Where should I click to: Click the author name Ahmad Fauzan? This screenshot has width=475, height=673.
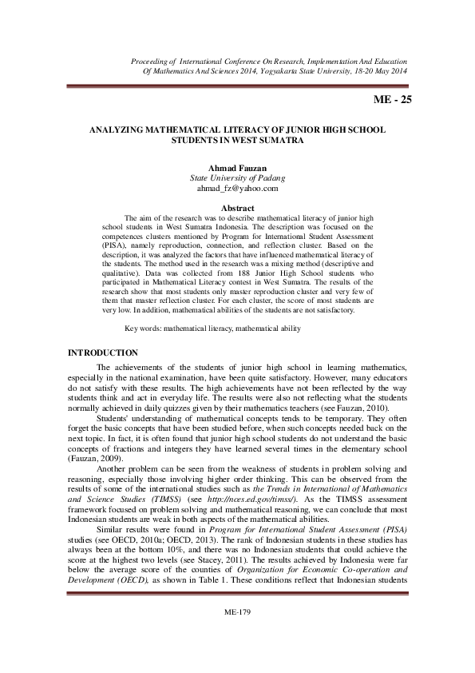(x=236, y=167)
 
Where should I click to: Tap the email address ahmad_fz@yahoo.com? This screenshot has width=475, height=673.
(x=236, y=189)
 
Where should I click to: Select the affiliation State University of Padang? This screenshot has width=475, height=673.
(x=236, y=177)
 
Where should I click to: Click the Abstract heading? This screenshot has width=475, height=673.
(x=236, y=207)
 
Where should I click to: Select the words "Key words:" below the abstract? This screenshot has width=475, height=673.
(x=144, y=329)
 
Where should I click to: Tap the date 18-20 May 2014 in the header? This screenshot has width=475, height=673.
(x=375, y=70)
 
